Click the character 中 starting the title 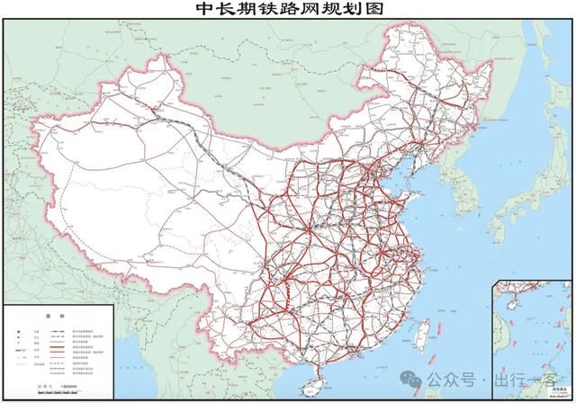(202, 10)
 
